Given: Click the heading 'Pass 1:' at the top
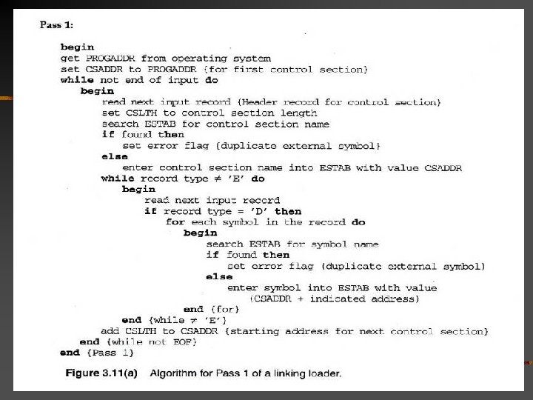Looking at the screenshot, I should click(x=56, y=25).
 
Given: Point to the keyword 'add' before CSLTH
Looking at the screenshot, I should click(x=111, y=331).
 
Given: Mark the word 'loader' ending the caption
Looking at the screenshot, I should click(x=326, y=373).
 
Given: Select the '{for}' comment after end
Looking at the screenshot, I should click(x=222, y=310).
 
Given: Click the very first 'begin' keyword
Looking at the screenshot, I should click(x=76, y=46).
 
